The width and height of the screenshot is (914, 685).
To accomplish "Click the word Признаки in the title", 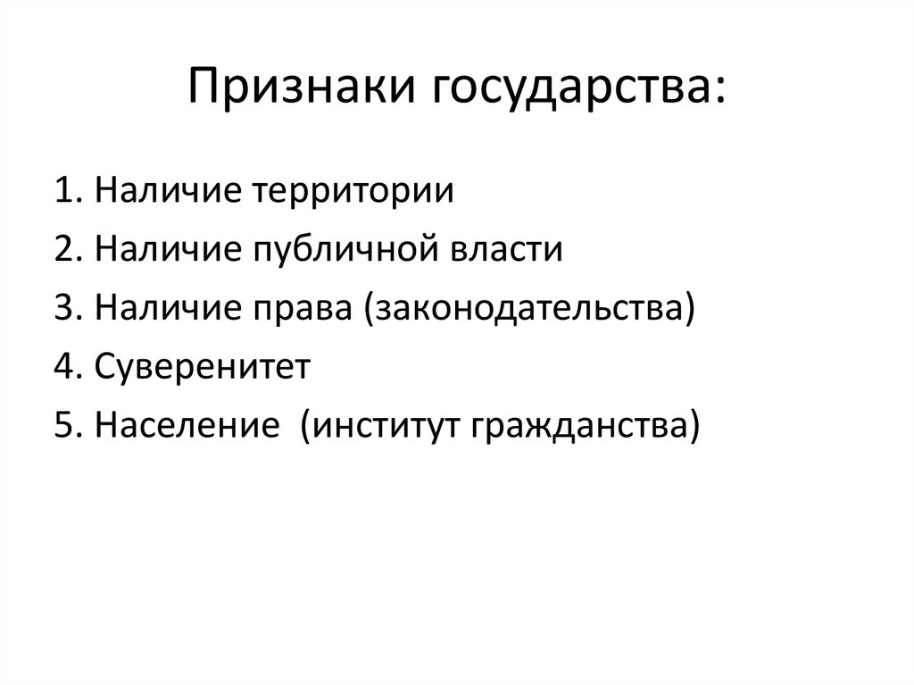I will [303, 90].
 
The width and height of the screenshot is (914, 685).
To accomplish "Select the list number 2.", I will [64, 249].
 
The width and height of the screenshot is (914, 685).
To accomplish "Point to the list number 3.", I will [64, 308].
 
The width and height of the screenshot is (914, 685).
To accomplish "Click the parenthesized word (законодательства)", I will [528, 308].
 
